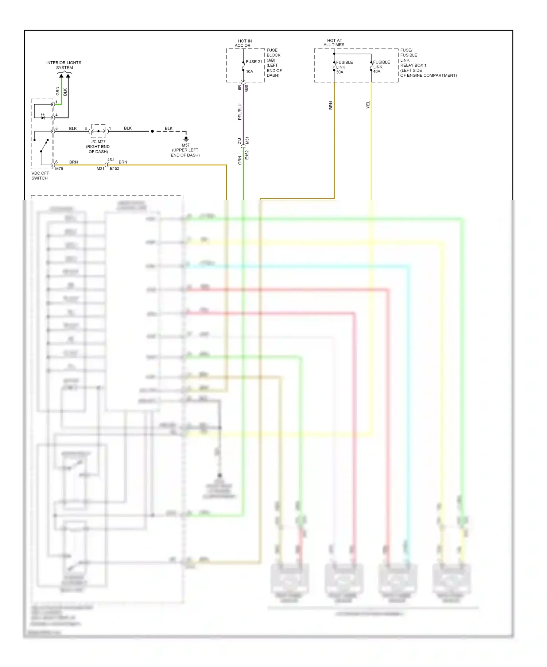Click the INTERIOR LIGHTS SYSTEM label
64,65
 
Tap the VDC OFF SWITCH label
40,176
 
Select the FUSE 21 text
254,62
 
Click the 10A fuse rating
249,72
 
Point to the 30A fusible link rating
340,72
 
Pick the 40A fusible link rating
377,72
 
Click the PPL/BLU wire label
240,112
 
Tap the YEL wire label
368,105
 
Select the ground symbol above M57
186,139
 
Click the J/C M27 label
98,142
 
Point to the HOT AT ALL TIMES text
334,43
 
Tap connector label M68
247,89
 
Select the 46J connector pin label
110,160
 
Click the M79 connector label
59,169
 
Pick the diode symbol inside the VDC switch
43,117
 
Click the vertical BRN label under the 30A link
331,105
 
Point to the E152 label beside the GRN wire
247,155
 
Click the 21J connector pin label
240,141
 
